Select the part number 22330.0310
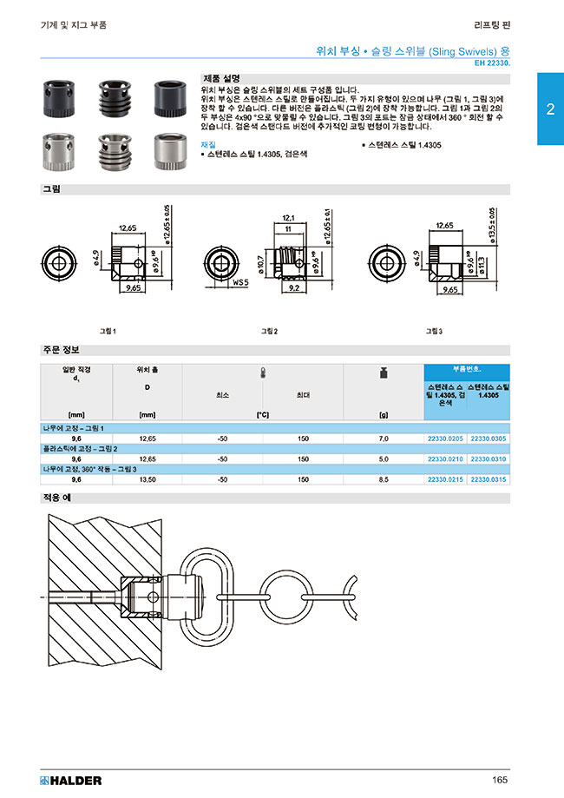pyautogui.click(x=488, y=459)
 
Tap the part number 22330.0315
pyautogui.click(x=488, y=479)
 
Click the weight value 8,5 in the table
pyautogui.click(x=384, y=479)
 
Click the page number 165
pyautogui.click(x=499, y=779)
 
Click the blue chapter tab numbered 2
pyautogui.click(x=550, y=109)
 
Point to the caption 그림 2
pyautogui.click(x=270, y=331)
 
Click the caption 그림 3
pyautogui.click(x=434, y=331)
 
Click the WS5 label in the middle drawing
pyautogui.click(x=240, y=282)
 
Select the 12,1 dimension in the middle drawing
pyautogui.click(x=290, y=218)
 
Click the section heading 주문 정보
pyautogui.click(x=62, y=350)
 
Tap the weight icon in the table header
pyautogui.click(x=384, y=374)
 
